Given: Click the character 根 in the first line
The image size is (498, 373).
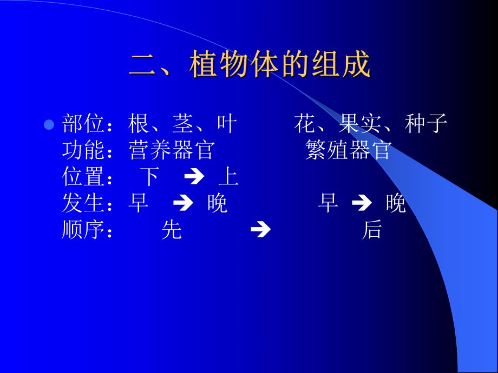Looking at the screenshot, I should tap(139, 124).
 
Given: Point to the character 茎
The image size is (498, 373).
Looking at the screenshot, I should tap(182, 124).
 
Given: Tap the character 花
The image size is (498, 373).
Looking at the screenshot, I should tap(305, 124).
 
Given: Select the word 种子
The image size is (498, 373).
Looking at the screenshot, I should tap(426, 124).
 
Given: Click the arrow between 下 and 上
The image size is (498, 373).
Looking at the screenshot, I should tap(193, 177).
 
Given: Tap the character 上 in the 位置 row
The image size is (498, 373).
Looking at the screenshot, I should tap(228, 177).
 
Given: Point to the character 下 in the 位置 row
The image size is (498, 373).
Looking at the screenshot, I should tap(150, 177).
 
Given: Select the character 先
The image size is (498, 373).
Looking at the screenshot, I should tap(172, 231).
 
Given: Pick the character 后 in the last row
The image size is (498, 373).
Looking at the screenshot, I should tap(372, 231).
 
